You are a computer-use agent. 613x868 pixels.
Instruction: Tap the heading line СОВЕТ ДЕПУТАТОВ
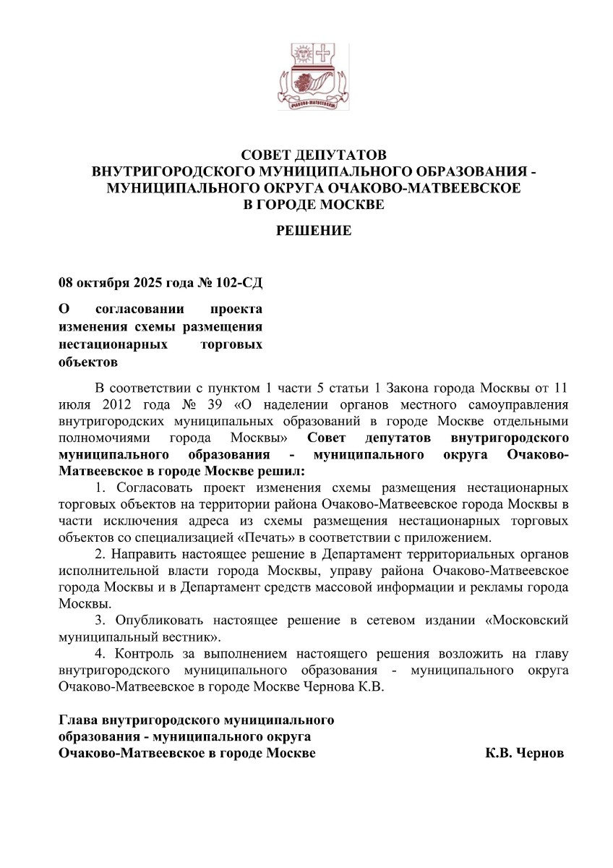point(314,156)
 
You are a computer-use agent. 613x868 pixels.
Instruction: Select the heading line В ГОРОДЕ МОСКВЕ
point(314,205)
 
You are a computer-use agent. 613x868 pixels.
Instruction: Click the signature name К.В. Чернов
point(524,753)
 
